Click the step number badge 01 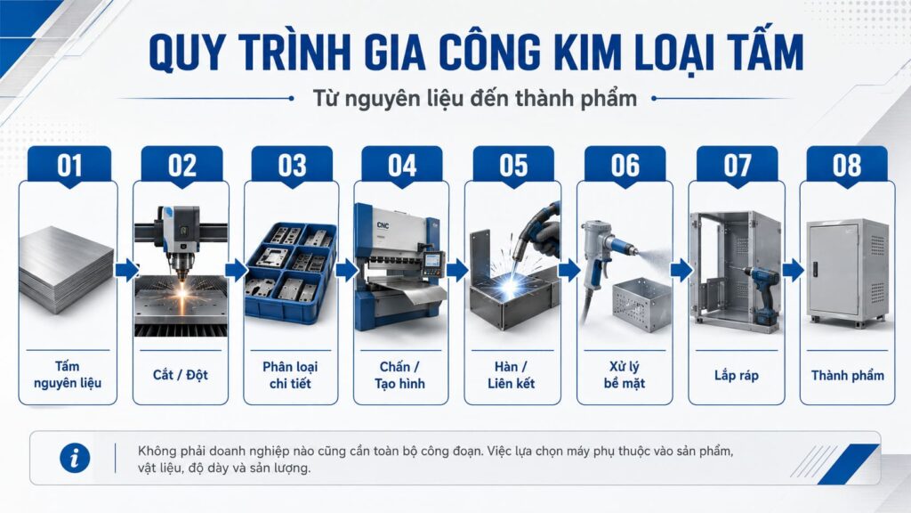coord(69,167)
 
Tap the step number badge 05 coord(513,167)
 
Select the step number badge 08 coord(847,167)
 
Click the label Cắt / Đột coord(180,375)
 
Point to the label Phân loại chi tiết coord(290,375)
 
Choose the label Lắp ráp coord(737,376)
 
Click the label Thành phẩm coord(848,376)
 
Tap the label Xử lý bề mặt coord(625,375)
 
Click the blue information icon coord(75,459)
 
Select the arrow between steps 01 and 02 coord(126,270)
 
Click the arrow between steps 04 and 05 coord(457,270)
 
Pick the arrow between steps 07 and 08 coord(793,270)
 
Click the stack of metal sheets coord(67,269)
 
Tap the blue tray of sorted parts coord(291,273)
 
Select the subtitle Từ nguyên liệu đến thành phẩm coord(475,99)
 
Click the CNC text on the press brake coord(383,225)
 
